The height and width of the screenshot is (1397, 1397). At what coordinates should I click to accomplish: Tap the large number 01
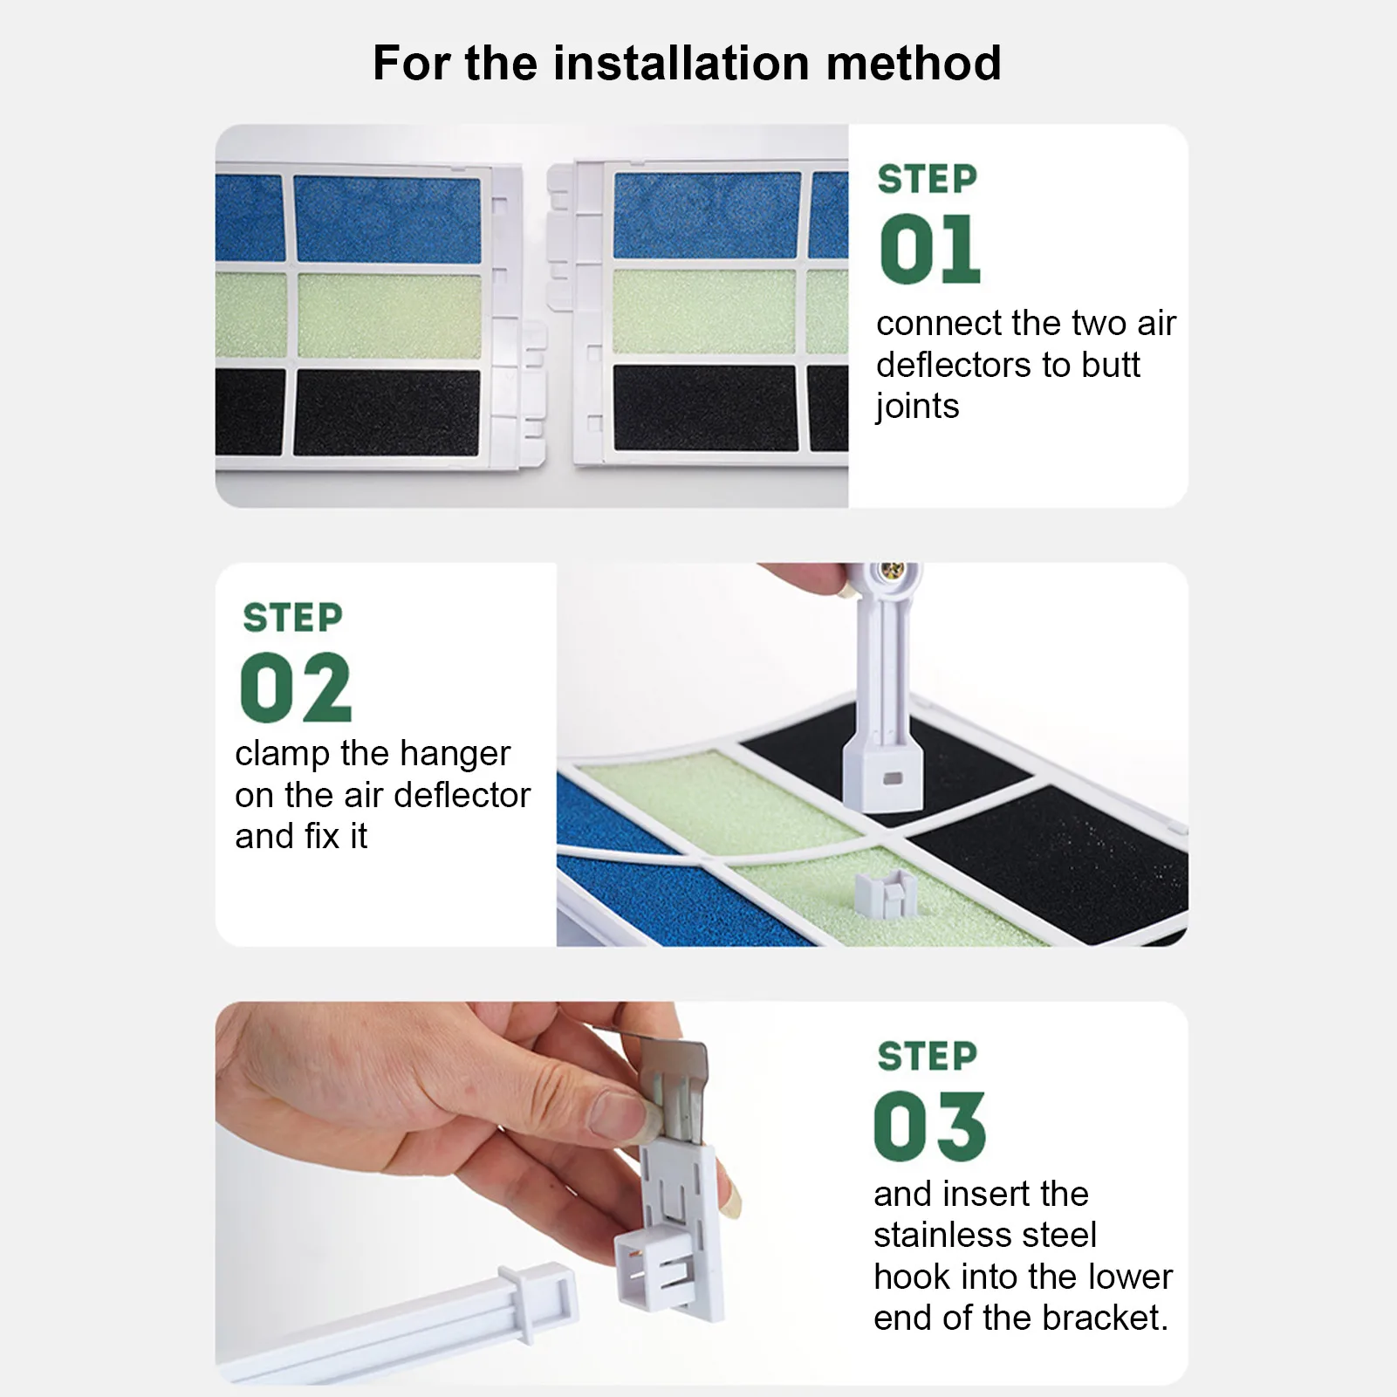pyautogui.click(x=930, y=250)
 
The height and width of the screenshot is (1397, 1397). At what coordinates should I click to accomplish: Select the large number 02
pyautogui.click(x=295, y=688)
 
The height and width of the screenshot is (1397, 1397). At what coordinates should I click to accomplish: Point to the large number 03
pyautogui.click(x=929, y=1127)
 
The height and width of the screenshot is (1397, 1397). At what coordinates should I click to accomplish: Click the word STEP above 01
pyautogui.click(x=928, y=179)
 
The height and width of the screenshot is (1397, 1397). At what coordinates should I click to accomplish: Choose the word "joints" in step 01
pyautogui.click(x=917, y=407)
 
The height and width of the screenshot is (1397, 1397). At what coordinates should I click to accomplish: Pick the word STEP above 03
pyautogui.click(x=928, y=1056)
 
